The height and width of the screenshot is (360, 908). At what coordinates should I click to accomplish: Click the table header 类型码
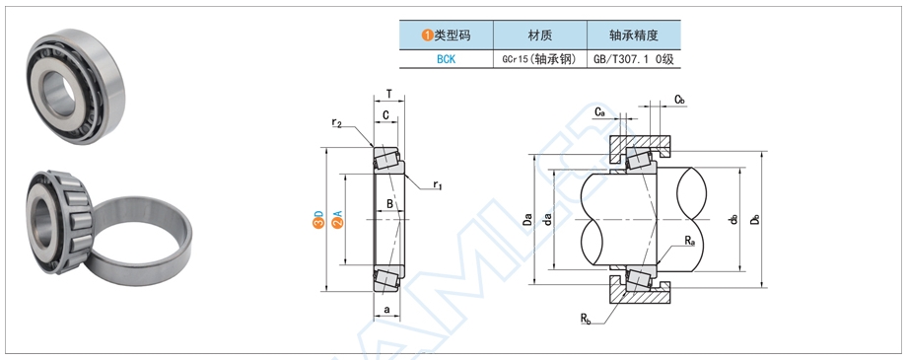coord(446,36)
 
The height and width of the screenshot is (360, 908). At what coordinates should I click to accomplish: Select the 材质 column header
coord(540,36)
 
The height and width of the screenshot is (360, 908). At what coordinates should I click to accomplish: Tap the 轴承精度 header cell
coord(633,36)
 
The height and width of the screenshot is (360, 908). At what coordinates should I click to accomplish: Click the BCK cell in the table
coord(445,58)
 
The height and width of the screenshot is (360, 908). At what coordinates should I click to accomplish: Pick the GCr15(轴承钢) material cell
coord(540,58)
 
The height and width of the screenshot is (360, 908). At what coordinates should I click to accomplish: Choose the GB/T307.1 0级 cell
coord(633,58)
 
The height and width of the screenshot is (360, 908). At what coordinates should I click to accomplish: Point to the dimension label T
coord(389,95)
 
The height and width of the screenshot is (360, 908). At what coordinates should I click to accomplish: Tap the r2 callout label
coord(337,123)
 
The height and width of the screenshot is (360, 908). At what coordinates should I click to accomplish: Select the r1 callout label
coord(437,185)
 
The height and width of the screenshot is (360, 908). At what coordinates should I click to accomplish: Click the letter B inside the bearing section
coord(390,204)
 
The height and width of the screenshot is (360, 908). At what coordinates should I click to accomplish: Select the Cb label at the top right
coord(679,100)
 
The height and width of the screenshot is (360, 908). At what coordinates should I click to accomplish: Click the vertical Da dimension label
coord(528,219)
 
